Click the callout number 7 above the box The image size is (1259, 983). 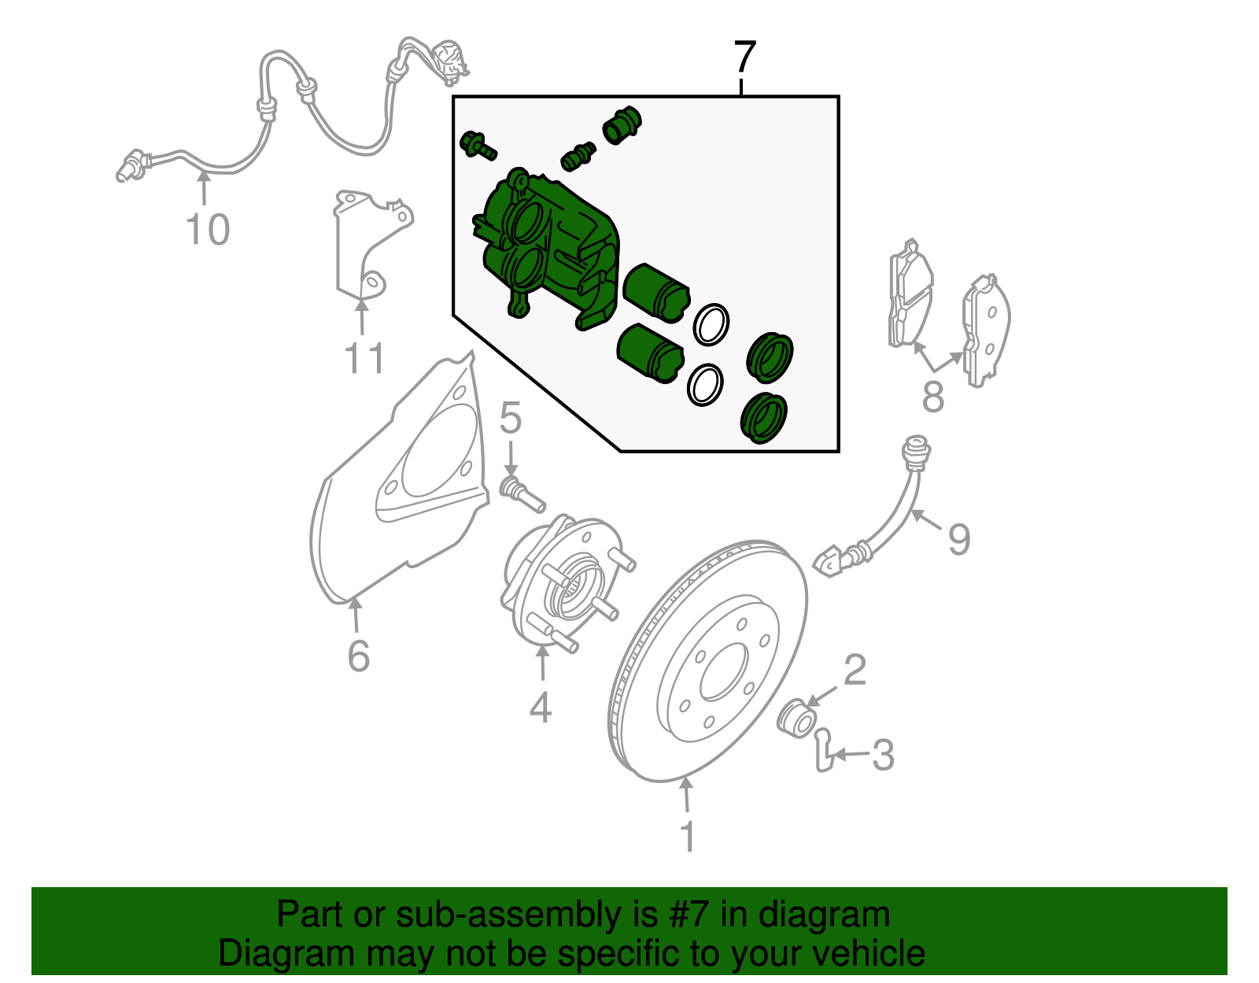coord(744,58)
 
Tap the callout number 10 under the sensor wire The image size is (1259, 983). coord(208,231)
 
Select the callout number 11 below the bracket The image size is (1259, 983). coord(365,359)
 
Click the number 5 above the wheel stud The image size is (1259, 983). coord(511,418)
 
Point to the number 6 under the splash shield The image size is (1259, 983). coord(359,656)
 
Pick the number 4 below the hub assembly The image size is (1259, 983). coord(541,707)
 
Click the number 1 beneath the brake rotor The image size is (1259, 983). coord(688,837)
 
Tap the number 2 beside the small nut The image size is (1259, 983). coord(855,671)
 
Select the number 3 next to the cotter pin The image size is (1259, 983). coord(883,756)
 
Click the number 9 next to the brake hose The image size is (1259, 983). coord(959,539)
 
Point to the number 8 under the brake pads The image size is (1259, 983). coord(933,397)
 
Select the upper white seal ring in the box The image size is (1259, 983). coord(711,323)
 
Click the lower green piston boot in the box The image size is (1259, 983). coord(764,418)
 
